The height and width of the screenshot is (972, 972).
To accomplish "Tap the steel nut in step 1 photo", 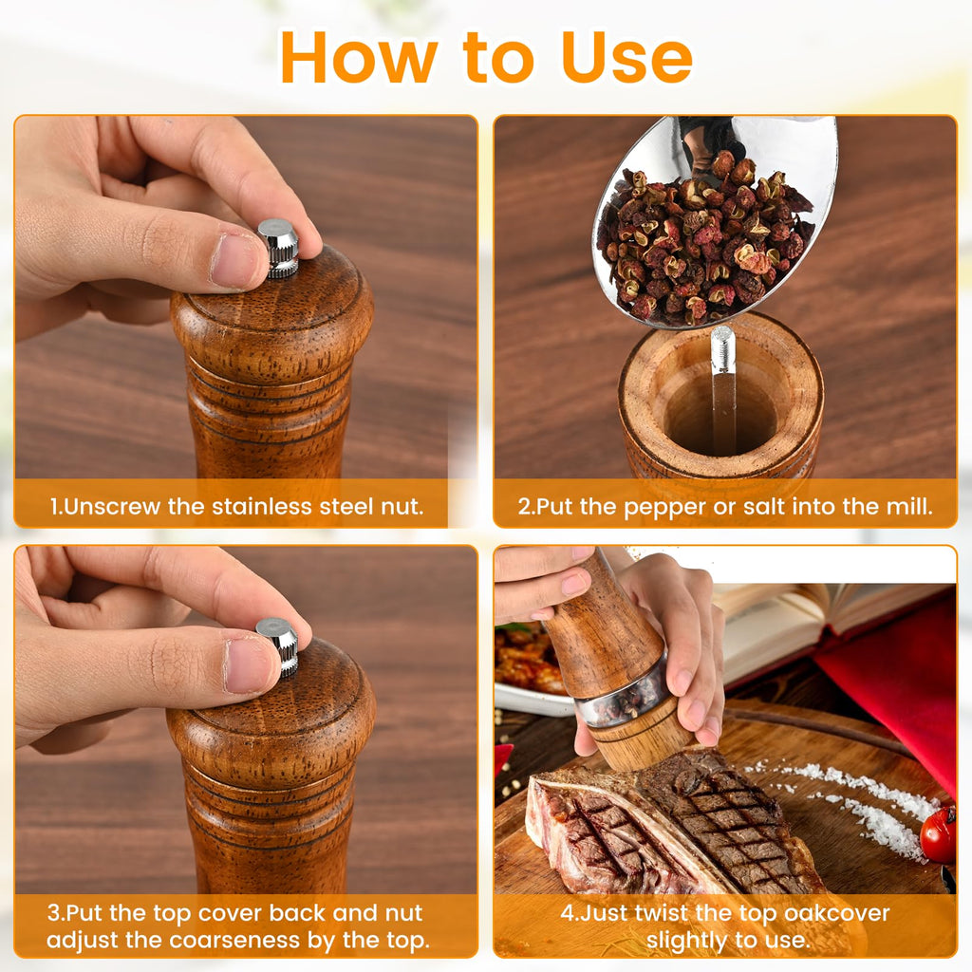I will click(x=279, y=248).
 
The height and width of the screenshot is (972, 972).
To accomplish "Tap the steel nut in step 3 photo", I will click(x=278, y=645).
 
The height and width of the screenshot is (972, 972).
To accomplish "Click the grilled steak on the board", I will click(x=702, y=826).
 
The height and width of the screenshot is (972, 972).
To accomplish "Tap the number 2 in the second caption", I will click(x=523, y=507).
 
